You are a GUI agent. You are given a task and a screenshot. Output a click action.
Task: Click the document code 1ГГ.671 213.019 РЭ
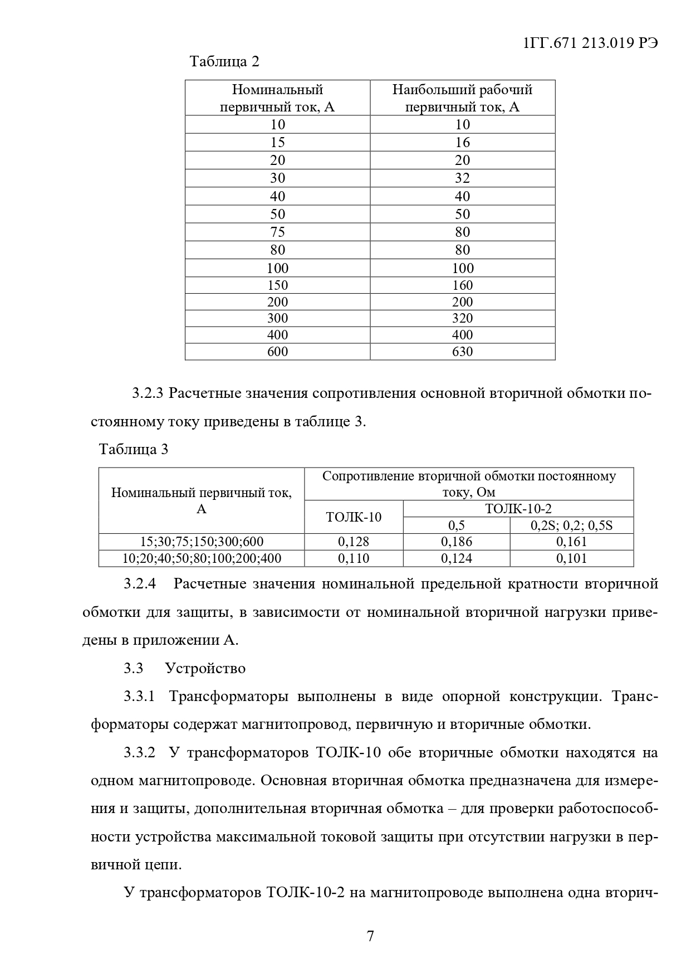[591, 43]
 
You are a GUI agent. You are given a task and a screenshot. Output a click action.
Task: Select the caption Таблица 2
[224, 61]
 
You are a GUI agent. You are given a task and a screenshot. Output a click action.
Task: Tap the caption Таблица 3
[133, 449]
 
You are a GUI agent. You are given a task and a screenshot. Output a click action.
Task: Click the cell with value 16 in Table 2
[462, 142]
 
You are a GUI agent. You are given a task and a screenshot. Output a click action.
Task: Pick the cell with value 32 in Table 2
[462, 178]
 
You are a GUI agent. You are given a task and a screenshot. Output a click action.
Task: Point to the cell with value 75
[277, 232]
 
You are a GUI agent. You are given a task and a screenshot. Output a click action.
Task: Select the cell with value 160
[462, 285]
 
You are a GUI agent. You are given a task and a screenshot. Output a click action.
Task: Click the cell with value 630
[462, 352]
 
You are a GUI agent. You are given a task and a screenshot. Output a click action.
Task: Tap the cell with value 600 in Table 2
[277, 352]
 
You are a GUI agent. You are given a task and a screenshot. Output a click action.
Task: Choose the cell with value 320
[462, 318]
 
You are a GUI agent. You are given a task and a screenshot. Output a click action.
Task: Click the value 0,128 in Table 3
[354, 542]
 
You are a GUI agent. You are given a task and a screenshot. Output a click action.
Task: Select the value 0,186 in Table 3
[457, 542]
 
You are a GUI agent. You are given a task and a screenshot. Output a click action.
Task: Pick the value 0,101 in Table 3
[571, 558]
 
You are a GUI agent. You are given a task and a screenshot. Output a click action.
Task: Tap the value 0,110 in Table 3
[354, 558]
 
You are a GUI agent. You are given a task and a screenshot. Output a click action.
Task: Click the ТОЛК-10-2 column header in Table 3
[518, 508]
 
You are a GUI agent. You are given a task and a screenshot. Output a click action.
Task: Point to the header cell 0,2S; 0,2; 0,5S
[571, 525]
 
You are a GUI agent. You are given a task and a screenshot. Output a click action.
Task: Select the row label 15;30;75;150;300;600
[202, 542]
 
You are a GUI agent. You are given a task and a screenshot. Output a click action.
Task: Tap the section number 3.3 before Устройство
[133, 668]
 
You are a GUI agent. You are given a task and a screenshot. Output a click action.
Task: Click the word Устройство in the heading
[205, 668]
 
